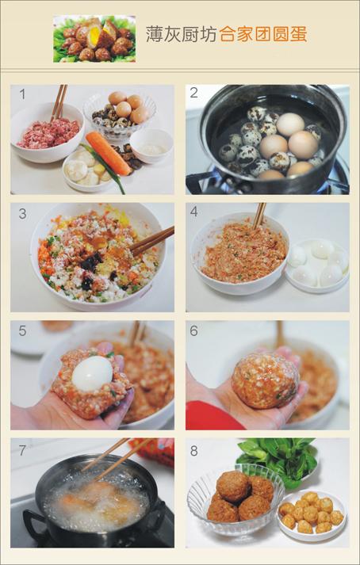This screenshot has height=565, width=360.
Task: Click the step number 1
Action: pyautogui.click(x=22, y=94)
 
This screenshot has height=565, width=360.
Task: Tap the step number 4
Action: pyautogui.click(x=194, y=212)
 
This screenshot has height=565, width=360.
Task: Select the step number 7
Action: pyautogui.click(x=22, y=450)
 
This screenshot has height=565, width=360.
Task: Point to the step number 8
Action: pyautogui.click(x=194, y=450)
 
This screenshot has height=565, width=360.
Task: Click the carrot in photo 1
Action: pyautogui.click(x=109, y=153)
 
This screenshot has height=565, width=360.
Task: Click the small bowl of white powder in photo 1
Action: pyautogui.click(x=152, y=145)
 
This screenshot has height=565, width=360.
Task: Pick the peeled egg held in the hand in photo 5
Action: pyautogui.click(x=92, y=373)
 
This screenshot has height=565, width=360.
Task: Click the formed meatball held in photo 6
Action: pyautogui.click(x=265, y=380)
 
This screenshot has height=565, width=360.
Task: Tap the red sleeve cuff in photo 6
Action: pyautogui.click(x=211, y=415)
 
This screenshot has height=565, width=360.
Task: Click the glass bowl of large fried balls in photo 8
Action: pyautogui.click(x=236, y=500)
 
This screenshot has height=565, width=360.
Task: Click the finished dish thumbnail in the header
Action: pyautogui.click(x=94, y=39)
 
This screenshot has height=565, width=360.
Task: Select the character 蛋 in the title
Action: pyautogui.click(x=298, y=35)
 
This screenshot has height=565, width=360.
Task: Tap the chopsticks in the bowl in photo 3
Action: pyautogui.click(x=152, y=239)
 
